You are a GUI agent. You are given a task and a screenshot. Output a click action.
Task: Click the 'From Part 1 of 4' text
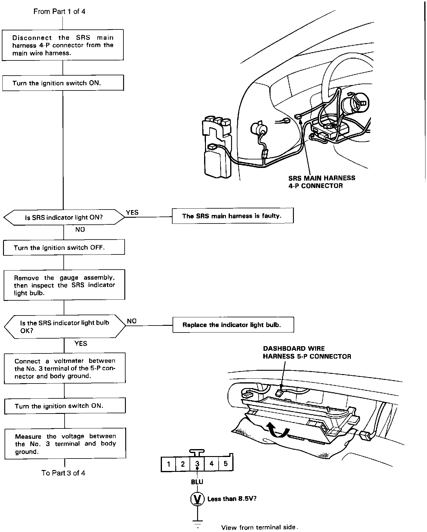(x=59, y=12)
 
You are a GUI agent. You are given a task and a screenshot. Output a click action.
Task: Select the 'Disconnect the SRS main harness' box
(x=63, y=45)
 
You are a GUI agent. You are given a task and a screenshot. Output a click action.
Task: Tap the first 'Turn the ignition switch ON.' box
(x=63, y=83)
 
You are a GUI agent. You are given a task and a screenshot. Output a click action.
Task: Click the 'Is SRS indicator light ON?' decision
(x=64, y=217)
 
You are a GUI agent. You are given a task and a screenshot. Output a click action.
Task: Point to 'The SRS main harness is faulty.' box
(x=233, y=216)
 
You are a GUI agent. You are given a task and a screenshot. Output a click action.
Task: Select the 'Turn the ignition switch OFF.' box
(x=64, y=247)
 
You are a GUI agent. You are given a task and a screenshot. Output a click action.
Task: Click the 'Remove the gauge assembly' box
(x=64, y=285)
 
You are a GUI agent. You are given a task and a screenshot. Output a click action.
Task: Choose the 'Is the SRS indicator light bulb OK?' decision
(x=65, y=326)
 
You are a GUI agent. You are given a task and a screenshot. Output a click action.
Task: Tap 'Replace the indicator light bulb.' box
(x=233, y=325)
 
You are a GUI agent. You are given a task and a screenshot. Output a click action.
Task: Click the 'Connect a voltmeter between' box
(x=65, y=368)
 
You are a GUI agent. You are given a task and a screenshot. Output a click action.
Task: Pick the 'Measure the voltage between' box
(x=65, y=444)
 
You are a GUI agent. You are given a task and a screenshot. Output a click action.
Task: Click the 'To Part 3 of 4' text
(x=63, y=473)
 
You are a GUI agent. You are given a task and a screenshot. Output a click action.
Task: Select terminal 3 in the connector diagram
(x=197, y=464)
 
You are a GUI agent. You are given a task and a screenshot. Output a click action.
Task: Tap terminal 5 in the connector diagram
(x=225, y=464)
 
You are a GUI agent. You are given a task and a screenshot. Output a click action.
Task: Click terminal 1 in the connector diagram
(x=169, y=464)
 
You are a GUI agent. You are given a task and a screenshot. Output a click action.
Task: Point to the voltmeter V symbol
(x=197, y=499)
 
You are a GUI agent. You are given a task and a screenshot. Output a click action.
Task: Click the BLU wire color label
(x=197, y=482)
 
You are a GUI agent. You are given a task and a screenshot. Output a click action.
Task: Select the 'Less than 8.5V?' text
(x=232, y=499)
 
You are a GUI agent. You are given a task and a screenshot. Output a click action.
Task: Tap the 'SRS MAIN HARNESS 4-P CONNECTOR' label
(x=321, y=182)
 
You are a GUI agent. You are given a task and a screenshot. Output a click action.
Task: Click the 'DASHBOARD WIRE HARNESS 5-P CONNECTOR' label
(x=307, y=353)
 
